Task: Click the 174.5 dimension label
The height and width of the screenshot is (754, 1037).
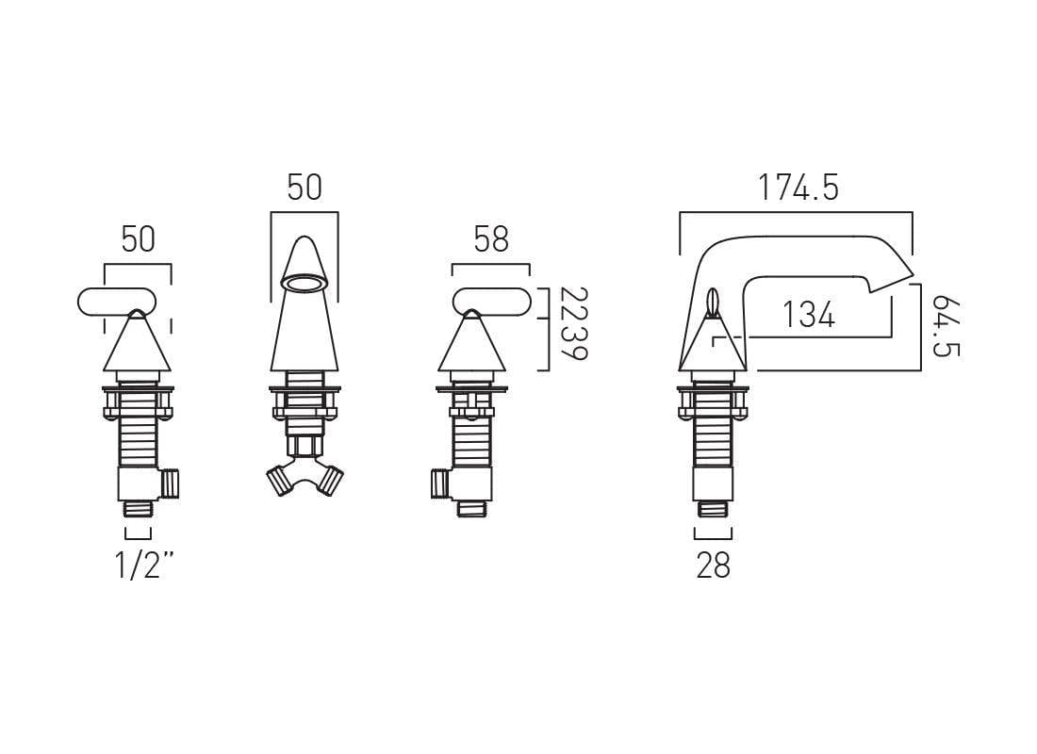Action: point(798,188)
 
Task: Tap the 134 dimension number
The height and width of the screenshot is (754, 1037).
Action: point(808,314)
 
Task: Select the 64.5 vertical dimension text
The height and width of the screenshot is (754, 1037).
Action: point(946,326)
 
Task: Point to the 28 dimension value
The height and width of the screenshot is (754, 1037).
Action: point(713,565)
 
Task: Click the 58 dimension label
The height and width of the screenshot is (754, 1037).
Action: point(491,239)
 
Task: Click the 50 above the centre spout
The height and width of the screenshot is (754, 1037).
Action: point(305,188)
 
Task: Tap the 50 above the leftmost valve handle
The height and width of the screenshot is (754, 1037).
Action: point(138,239)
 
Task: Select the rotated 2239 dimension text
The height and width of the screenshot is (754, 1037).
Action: point(573,323)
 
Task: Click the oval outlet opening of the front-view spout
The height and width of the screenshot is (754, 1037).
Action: point(305,283)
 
